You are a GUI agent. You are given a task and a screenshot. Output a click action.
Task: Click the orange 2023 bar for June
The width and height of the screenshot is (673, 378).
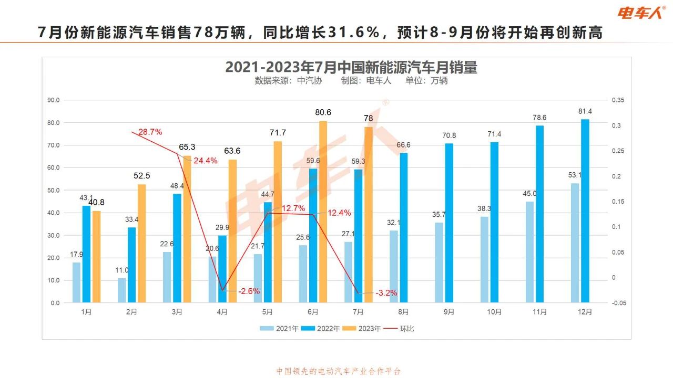[323, 212]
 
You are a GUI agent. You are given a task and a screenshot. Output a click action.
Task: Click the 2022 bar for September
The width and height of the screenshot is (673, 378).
[449, 223]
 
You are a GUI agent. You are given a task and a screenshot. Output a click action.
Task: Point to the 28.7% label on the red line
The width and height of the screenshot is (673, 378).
[150, 132]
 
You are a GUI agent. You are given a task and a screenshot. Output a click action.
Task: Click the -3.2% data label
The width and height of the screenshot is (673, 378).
[386, 293]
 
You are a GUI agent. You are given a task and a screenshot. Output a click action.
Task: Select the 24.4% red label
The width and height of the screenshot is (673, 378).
[205, 161]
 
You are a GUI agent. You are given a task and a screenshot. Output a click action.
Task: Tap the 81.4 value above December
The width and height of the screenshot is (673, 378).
[585, 111]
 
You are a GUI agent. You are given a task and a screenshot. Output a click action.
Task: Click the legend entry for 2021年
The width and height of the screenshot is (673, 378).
[280, 329]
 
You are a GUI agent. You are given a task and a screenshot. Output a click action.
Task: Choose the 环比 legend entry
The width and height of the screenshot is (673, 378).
[402, 329]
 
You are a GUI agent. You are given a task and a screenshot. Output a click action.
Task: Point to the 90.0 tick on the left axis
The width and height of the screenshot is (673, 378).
[54, 100]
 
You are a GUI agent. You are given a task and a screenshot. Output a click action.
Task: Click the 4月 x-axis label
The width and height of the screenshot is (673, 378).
[222, 312]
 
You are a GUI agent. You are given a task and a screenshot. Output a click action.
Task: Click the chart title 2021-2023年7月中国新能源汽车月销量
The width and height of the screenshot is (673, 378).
[351, 67]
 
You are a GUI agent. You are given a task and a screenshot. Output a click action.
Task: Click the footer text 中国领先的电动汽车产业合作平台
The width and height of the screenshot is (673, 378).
[339, 371]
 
